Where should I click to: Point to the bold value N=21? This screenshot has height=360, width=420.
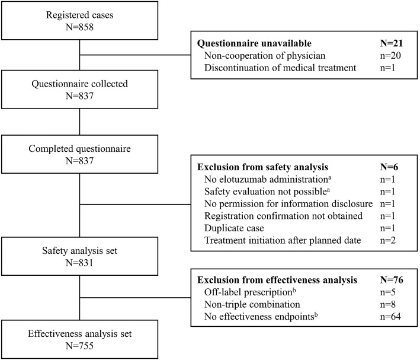pyautogui.click(x=390, y=44)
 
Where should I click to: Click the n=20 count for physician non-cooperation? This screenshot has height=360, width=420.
pyautogui.click(x=391, y=56)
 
